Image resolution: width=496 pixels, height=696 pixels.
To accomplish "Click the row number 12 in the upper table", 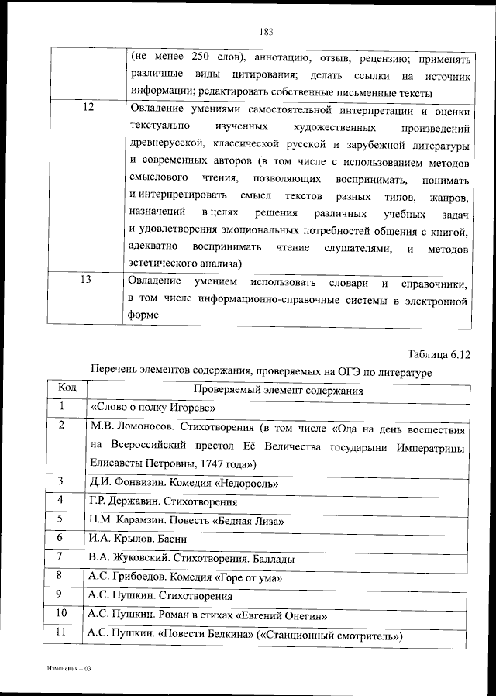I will pos(87,109).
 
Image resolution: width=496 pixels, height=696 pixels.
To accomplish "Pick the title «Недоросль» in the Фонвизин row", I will pos(247,483).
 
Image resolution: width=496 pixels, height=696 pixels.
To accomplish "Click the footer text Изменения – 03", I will pos(69,667).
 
